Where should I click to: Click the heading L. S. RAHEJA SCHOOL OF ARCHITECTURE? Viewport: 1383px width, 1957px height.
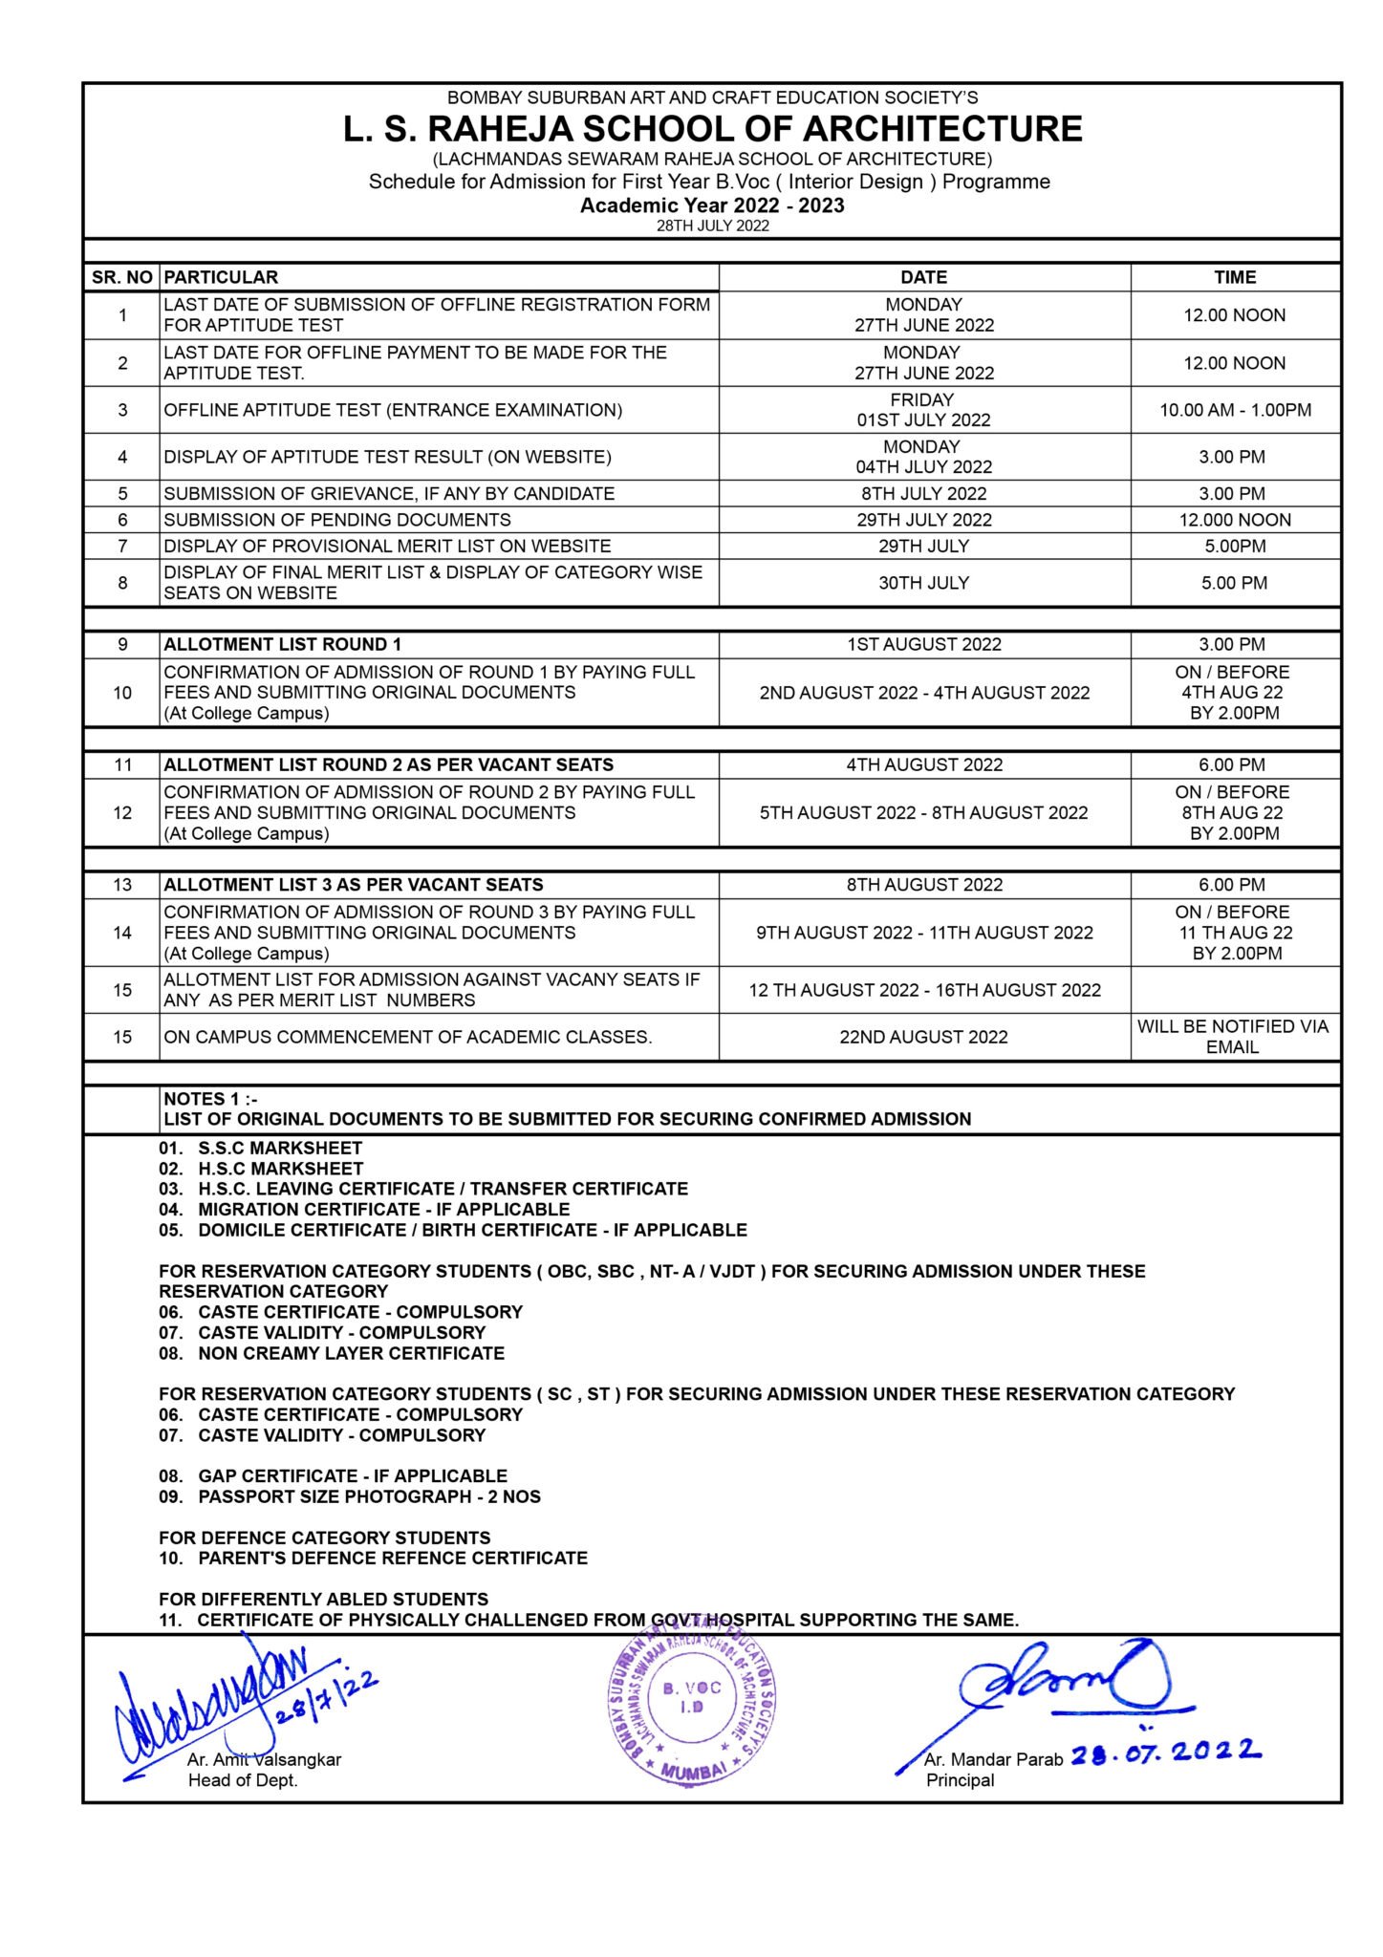[712, 129]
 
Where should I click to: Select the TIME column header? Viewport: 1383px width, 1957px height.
[1234, 277]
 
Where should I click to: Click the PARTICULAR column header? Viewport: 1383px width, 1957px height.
[221, 277]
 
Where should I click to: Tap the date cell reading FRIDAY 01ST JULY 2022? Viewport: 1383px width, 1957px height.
[923, 410]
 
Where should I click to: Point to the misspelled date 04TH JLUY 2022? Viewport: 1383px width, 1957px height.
[923, 467]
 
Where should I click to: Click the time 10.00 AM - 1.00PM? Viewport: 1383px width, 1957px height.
[1235, 410]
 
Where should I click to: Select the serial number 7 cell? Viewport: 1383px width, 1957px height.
[122, 546]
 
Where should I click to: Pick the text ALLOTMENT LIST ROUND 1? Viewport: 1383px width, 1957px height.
[283, 644]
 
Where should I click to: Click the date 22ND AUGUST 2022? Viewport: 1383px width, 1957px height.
[923, 1037]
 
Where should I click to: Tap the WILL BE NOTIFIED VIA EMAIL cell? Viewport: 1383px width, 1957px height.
[1233, 1037]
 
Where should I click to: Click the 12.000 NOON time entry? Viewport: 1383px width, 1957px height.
[1235, 520]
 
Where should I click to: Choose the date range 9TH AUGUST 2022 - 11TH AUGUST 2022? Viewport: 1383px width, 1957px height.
[923, 933]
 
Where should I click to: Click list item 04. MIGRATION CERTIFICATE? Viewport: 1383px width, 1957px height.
[364, 1209]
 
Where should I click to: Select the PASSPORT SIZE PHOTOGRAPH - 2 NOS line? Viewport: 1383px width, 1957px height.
[350, 1496]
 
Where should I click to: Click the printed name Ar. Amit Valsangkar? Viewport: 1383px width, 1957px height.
[264, 1759]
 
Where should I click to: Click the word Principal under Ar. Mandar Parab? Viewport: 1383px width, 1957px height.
[960, 1780]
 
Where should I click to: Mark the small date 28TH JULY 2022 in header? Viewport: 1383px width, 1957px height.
[712, 226]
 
